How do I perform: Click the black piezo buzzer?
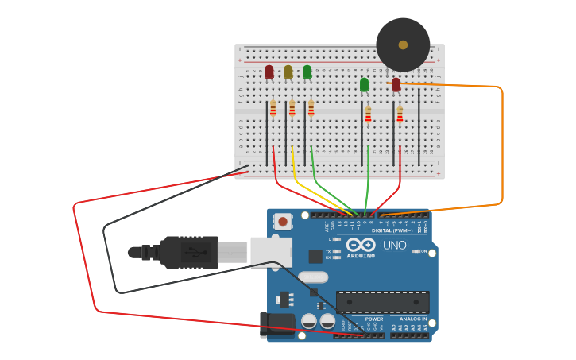(x=403, y=45)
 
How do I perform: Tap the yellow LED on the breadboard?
(x=288, y=72)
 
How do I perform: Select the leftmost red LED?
(x=269, y=72)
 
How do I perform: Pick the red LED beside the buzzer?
(x=396, y=84)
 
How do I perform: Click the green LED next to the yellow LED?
(x=307, y=72)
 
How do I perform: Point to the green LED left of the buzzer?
(x=364, y=84)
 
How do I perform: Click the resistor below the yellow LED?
(x=292, y=108)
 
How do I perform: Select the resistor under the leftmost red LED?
(x=273, y=108)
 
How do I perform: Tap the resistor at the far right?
(x=400, y=114)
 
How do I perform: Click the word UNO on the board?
(x=395, y=245)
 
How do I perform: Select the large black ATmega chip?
(x=382, y=301)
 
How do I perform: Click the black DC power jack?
(x=275, y=324)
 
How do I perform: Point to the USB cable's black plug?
(x=189, y=252)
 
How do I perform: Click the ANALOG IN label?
(x=408, y=319)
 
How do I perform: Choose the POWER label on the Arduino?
(x=363, y=319)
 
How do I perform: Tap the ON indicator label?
(x=423, y=251)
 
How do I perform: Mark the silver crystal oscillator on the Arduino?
(x=313, y=277)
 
